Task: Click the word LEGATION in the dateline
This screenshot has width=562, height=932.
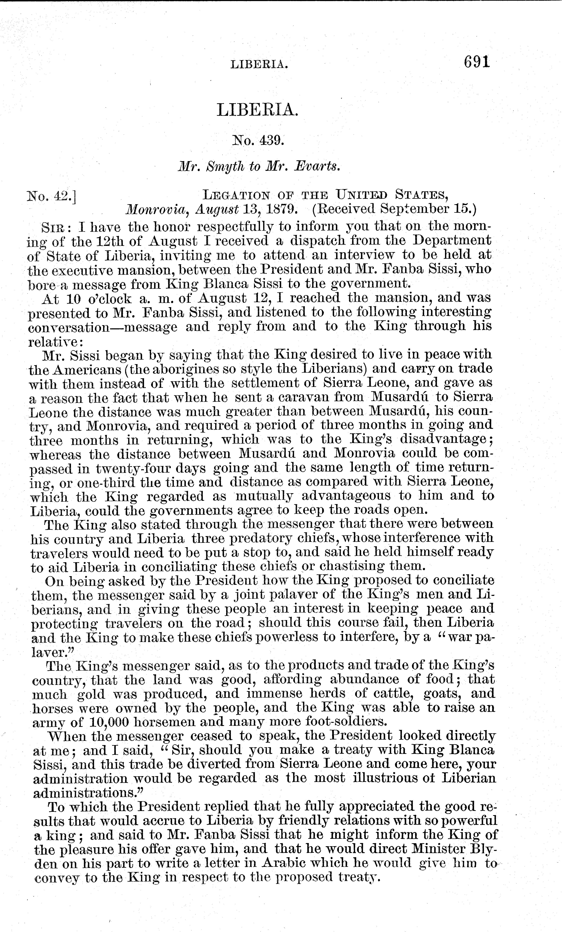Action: (236, 195)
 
